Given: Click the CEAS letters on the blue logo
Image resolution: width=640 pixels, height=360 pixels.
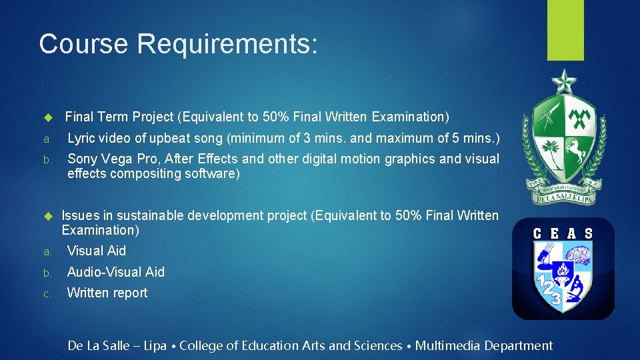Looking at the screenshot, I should pyautogui.click(x=563, y=233).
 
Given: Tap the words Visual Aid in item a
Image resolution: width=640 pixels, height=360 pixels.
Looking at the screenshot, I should pyautogui.click(x=97, y=251).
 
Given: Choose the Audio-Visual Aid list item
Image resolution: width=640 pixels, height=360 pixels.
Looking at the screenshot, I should pyautogui.click(x=116, y=272).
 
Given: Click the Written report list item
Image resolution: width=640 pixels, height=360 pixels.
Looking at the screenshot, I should pyautogui.click(x=107, y=293).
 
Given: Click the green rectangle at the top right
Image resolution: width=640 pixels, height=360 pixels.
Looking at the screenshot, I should pyautogui.click(x=566, y=31).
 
